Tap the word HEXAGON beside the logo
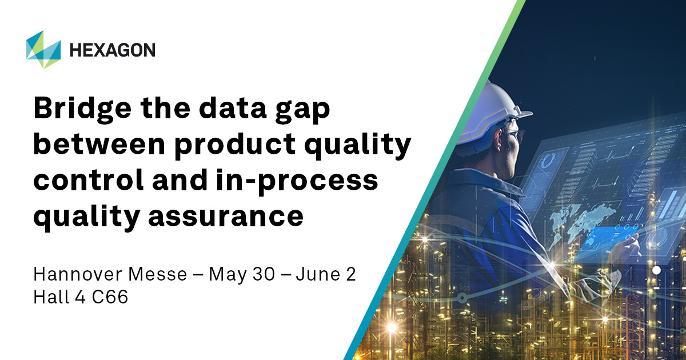tap(112, 50)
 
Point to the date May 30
tap(239, 274)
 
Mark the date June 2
tap(326, 274)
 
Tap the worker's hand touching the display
tap(629, 246)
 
